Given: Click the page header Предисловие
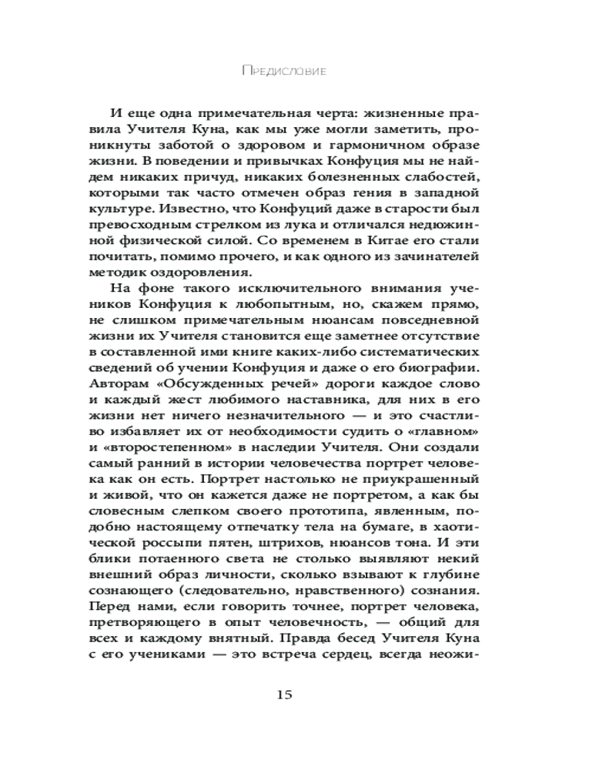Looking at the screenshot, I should click(284, 71).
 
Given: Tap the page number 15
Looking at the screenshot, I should click(283, 695).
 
